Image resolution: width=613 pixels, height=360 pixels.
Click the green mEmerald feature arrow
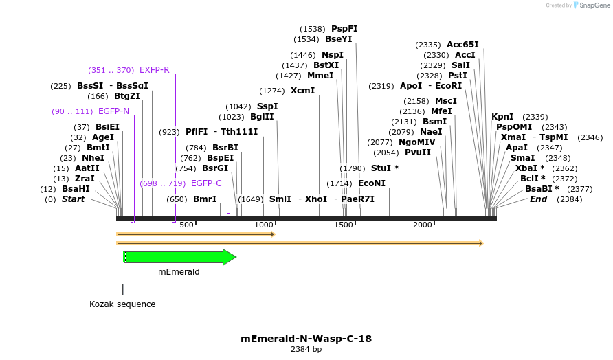[180, 257]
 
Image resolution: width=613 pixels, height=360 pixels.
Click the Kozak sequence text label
[122, 304]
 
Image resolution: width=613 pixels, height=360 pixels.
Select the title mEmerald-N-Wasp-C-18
[306, 339]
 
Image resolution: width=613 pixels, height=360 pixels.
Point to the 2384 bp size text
[306, 349]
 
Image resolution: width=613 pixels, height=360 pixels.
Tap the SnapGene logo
[589, 5]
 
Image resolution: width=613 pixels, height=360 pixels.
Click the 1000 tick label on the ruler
[265, 225]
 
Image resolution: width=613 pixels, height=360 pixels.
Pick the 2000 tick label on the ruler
[422, 225]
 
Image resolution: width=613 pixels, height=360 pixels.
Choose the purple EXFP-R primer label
[154, 70]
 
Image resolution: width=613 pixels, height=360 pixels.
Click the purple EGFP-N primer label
[113, 111]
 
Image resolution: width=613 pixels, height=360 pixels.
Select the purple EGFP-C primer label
[206, 183]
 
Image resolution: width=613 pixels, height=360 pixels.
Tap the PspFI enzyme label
[344, 29]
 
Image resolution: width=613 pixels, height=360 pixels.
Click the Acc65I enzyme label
[462, 45]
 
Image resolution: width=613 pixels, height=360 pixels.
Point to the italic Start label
[73, 199]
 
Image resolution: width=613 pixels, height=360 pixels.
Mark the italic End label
[538, 199]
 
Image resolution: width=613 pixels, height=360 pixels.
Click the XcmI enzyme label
[302, 91]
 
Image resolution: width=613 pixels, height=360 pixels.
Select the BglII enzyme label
[262, 117]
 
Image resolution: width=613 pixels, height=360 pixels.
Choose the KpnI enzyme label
[502, 117]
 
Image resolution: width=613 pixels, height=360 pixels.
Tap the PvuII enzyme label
[418, 153]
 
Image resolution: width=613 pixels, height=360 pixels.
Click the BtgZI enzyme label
[127, 96]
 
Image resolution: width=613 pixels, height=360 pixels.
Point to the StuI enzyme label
[381, 168]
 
